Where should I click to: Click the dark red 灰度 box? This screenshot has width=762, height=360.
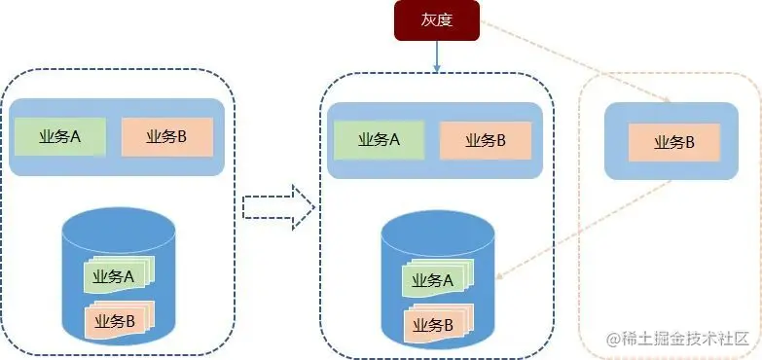pyautogui.click(x=436, y=21)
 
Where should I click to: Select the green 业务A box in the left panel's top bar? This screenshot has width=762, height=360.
pyautogui.click(x=59, y=136)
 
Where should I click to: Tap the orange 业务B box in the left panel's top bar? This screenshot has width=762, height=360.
pyautogui.click(x=166, y=136)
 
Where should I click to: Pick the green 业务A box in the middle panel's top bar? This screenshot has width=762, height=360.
pyautogui.click(x=379, y=139)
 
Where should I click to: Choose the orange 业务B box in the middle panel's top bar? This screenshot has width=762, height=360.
pyautogui.click(x=486, y=140)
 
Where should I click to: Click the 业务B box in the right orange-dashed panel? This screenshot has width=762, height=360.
pyautogui.click(x=673, y=142)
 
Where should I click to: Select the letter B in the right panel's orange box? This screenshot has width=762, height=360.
pyautogui.click(x=689, y=142)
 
